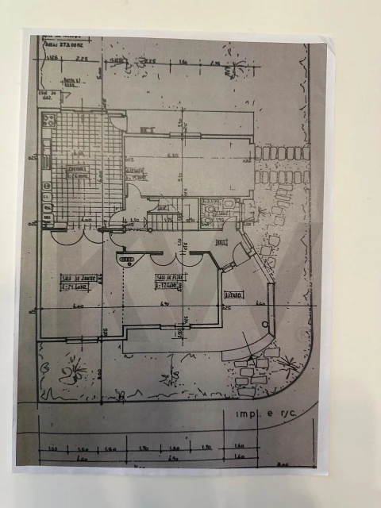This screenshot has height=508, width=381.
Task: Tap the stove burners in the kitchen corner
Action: click(x=48, y=122)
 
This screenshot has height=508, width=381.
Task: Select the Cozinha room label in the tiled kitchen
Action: click(x=77, y=171)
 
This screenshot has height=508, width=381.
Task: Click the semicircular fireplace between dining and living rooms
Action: click(x=127, y=256)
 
